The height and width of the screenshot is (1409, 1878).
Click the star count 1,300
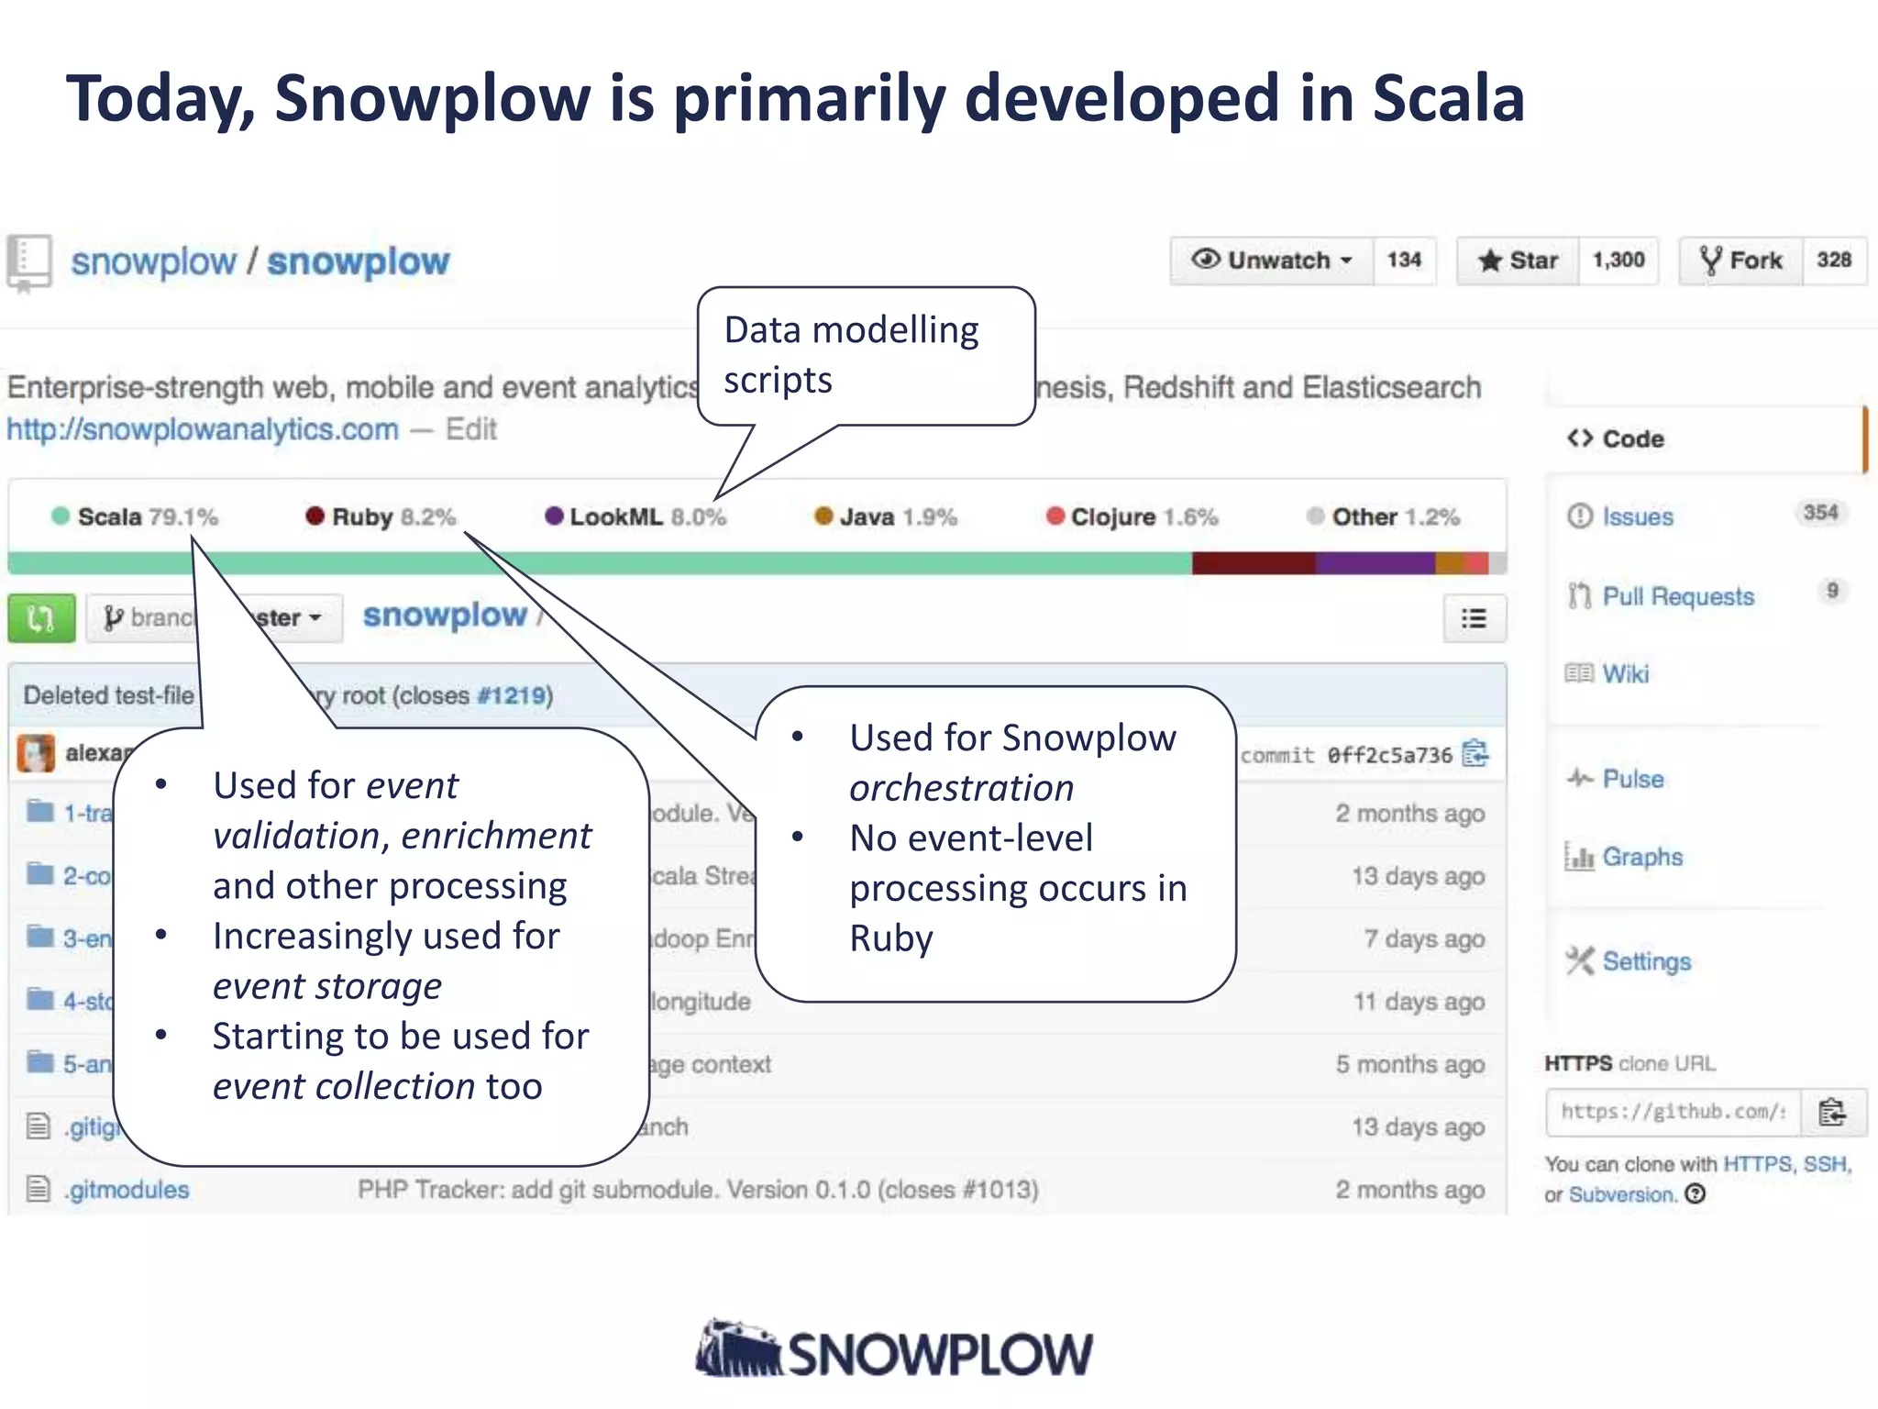[1618, 261]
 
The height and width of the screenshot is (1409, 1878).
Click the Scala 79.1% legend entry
[136, 516]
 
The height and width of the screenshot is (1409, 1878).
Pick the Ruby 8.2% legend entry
[381, 516]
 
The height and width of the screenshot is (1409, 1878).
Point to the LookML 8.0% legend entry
[635, 516]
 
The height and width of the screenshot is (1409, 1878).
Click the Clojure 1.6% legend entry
[1132, 516]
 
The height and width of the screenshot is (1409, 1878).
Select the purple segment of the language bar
[1375, 563]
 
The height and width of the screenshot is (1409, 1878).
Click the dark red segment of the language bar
[1253, 563]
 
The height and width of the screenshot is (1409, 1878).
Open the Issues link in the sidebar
[1637, 516]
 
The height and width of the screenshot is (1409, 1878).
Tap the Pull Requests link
[1677, 596]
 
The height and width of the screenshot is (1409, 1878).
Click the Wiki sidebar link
[1625, 674]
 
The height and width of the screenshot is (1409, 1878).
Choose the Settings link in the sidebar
[1646, 961]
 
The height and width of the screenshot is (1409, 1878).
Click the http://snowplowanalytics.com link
[203, 429]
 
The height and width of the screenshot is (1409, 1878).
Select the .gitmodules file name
[127, 1190]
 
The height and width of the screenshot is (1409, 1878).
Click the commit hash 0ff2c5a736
[1389, 755]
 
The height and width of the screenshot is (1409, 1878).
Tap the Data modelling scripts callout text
[850, 354]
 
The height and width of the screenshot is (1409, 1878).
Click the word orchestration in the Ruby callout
[961, 788]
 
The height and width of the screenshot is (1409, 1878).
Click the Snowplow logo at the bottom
[894, 1351]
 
